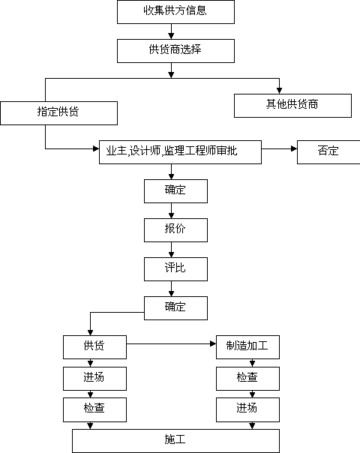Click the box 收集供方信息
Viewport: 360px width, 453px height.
pos(175,12)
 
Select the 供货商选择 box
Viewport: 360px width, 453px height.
pos(175,51)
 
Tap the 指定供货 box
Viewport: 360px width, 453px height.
pos(59,113)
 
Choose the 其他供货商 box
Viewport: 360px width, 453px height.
pos(292,106)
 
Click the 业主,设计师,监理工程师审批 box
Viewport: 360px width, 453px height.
pos(180,152)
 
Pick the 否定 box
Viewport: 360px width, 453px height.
pos(328,152)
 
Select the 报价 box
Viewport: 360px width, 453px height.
pos(175,230)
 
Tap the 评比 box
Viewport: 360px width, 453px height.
pos(175,269)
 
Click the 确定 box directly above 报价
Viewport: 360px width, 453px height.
pos(175,191)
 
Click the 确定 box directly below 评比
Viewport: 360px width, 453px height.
pos(175,308)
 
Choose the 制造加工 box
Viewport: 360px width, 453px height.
pos(247,347)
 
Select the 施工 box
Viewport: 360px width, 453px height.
pos(175,441)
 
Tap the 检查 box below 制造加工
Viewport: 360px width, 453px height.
pos(247,379)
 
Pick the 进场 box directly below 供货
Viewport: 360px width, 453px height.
pos(94,379)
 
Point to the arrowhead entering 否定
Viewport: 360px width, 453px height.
pos(294,148)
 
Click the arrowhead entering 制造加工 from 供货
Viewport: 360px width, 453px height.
pos(213,343)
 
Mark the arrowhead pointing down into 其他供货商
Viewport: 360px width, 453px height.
pos(280,91)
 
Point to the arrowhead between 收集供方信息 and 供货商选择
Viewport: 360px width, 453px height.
pos(171,36)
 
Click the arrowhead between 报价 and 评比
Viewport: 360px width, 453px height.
pos(171,254)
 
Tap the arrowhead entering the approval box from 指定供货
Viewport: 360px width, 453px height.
pos(96,148)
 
